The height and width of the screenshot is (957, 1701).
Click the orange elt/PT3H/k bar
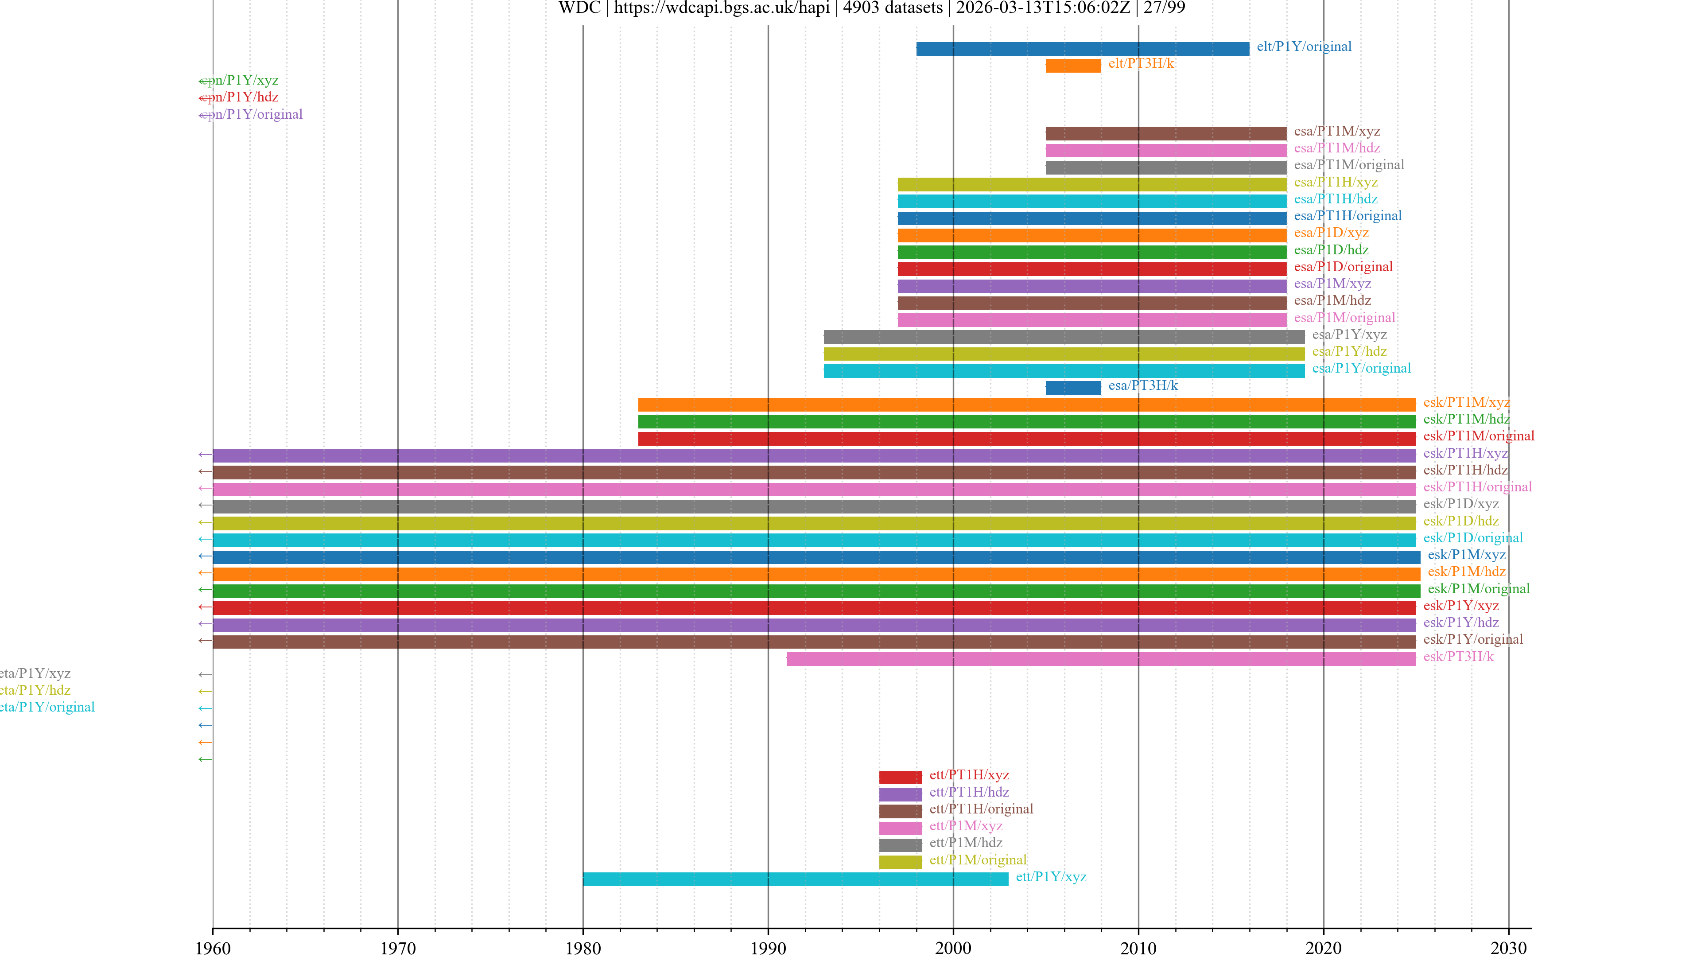point(1072,66)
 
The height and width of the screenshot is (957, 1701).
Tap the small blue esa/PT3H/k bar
point(1072,388)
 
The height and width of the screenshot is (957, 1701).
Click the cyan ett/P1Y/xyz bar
point(795,879)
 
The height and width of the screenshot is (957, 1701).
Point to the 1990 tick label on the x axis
point(768,948)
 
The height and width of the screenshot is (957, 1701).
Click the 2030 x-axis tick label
point(1508,948)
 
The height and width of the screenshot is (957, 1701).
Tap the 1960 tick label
point(213,948)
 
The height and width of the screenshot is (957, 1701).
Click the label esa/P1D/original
point(1343,267)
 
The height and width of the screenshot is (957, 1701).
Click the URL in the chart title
point(721,8)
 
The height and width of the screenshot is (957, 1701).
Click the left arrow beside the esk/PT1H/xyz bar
point(205,455)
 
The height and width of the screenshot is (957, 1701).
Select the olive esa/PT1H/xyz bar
point(1091,184)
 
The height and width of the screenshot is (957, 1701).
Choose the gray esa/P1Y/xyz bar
point(1063,337)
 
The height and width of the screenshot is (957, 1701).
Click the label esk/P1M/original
point(1478,588)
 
